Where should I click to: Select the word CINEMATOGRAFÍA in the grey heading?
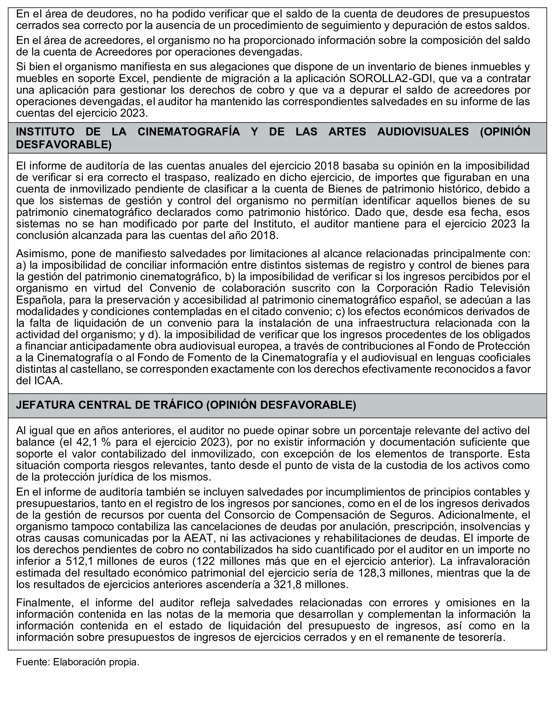pyautogui.click(x=189, y=132)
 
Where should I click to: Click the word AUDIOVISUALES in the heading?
pyautogui.click(x=423, y=132)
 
